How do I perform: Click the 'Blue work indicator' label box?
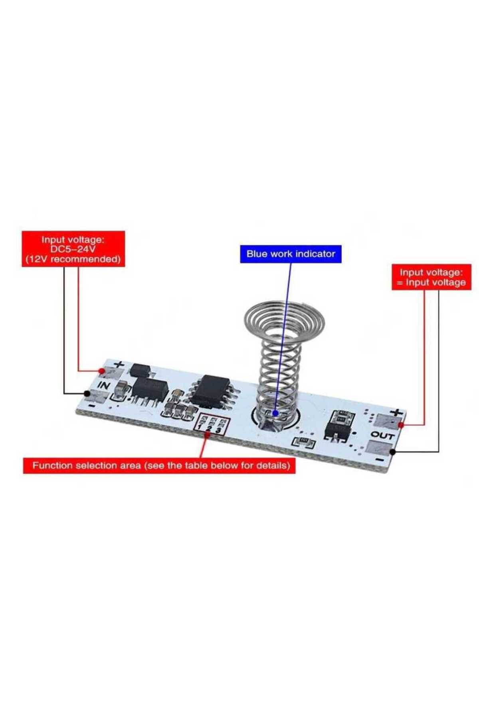pos(291,254)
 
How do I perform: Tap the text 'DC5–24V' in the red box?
pos(73,249)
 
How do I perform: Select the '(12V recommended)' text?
pos(73,259)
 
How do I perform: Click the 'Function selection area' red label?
pos(159,466)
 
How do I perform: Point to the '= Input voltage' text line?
pos(431,282)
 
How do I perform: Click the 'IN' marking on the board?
pos(104,386)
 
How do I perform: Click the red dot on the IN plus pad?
pos(102,371)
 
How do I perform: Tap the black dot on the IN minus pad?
pos(87,394)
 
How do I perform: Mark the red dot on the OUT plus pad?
pos(401,425)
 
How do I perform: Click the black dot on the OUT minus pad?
pos(393,452)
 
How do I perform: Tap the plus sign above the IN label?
pos(119,364)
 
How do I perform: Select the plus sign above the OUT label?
pos(396,412)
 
